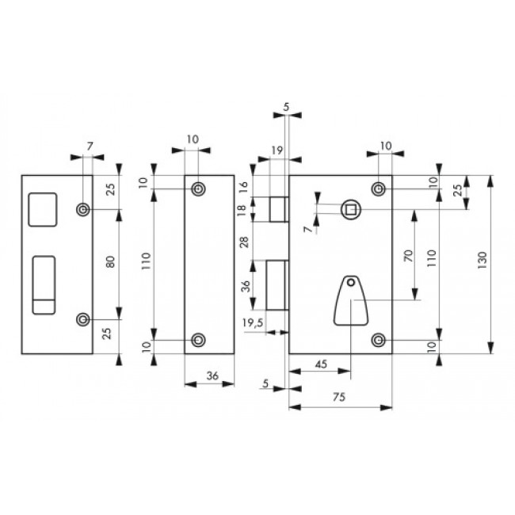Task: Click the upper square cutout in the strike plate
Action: pos(43,208)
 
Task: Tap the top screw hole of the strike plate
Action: pos(82,209)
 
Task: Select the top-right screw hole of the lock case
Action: pos(380,188)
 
